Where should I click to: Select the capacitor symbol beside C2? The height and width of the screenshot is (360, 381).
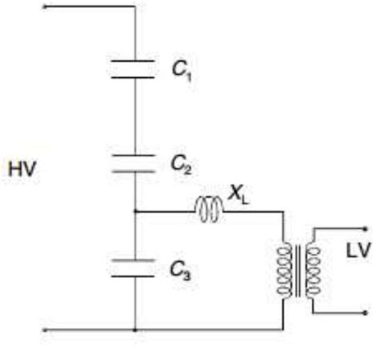tap(135, 163)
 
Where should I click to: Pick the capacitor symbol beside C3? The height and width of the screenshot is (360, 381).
tap(135, 266)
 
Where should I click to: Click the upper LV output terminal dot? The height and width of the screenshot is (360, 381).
tap(347, 228)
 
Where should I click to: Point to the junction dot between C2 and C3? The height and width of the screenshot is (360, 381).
tap(135, 212)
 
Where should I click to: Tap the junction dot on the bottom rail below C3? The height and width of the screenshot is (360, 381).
tap(135, 329)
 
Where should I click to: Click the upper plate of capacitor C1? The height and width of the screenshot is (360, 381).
tap(135, 61)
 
